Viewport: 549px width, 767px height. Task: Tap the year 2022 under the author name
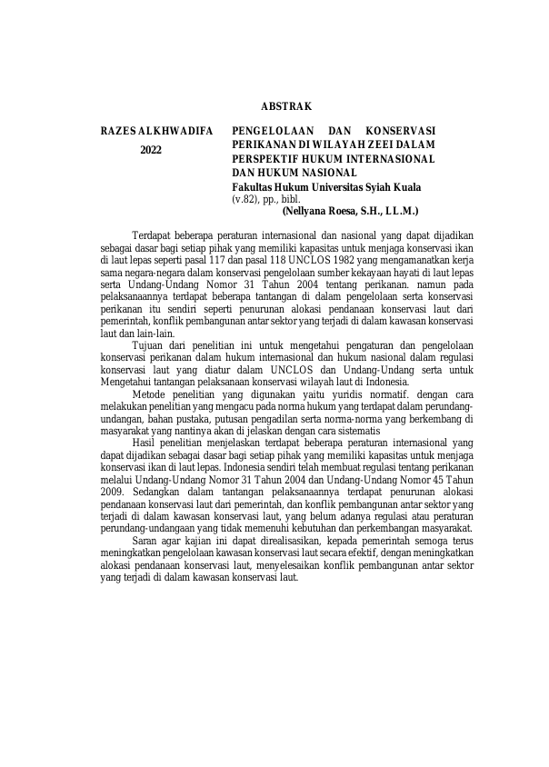tap(151, 150)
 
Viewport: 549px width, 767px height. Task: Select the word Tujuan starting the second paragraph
tap(150, 345)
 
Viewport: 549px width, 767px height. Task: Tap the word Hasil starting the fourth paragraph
tap(146, 443)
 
